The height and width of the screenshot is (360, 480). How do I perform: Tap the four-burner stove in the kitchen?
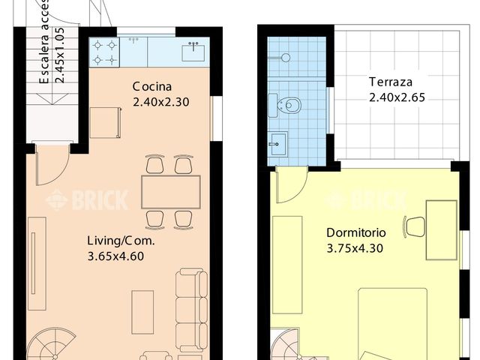click(x=105, y=52)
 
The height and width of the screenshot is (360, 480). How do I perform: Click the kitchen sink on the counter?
click(x=194, y=52)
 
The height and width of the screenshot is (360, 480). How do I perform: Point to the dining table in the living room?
click(x=170, y=192)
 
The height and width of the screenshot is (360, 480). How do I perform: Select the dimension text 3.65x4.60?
click(x=115, y=256)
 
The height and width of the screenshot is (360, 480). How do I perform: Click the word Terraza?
click(x=388, y=82)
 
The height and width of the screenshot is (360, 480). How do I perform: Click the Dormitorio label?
click(x=355, y=232)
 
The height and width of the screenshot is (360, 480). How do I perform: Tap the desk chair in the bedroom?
click(x=414, y=225)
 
